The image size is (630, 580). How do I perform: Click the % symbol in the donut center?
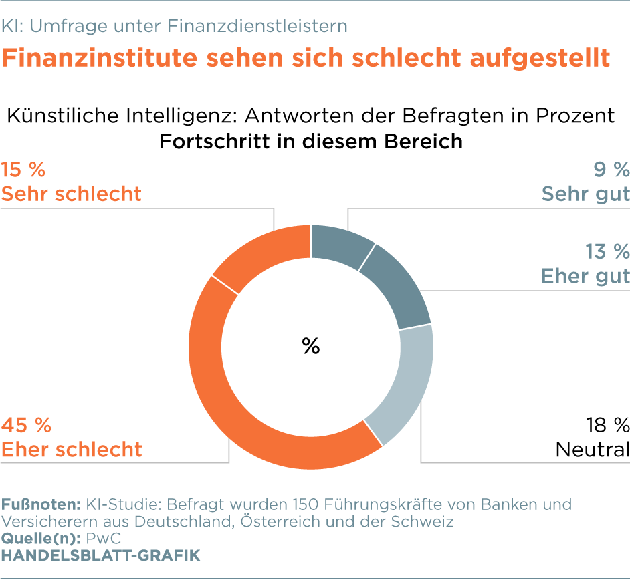[311, 346]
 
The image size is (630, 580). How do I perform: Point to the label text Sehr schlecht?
[71, 194]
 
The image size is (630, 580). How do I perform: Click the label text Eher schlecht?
[71, 449]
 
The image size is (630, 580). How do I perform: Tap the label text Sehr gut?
[585, 194]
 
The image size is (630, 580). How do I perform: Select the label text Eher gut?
[585, 275]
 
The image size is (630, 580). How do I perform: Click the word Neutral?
[593, 449]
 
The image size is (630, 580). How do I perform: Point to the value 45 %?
[27, 424]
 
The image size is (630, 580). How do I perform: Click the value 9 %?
[611, 169]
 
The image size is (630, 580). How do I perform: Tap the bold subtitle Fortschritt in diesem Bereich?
[311, 142]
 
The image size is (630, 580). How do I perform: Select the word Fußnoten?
[39, 504]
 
